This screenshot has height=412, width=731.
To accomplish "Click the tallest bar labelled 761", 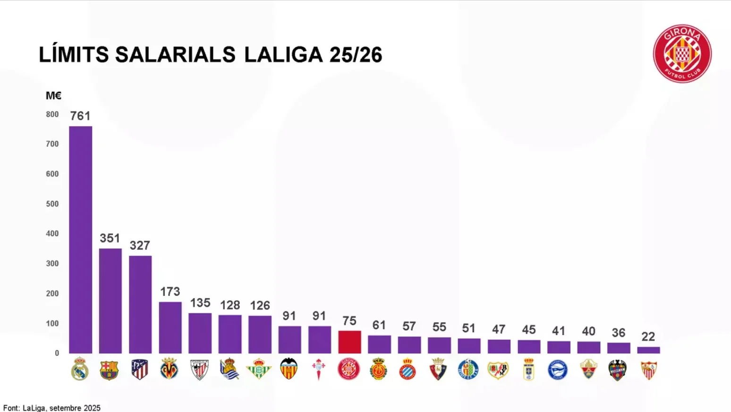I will (x=80, y=240).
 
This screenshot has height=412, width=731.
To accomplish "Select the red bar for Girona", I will (x=349, y=342).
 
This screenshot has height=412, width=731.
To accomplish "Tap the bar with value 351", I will (x=110, y=300).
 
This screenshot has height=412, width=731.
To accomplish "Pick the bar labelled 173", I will (x=170, y=327).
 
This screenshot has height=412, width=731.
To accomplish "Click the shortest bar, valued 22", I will (x=648, y=350).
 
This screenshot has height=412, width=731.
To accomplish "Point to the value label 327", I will (x=140, y=246).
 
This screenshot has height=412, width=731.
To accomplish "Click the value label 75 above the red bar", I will (x=349, y=321).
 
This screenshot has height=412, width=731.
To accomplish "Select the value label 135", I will (x=200, y=303).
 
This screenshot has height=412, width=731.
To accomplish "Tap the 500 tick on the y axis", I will (x=52, y=204).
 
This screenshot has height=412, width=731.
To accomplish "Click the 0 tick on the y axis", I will (x=57, y=353).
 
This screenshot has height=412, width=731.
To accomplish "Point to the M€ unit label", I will (x=53, y=96).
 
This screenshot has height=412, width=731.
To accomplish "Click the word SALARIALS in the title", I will (x=175, y=55).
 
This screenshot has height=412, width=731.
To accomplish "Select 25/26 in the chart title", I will (x=356, y=55).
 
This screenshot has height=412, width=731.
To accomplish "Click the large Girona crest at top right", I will (x=682, y=54).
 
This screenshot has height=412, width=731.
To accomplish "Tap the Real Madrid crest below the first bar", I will (x=80, y=369).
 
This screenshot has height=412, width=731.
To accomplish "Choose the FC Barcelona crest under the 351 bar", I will (x=109, y=370).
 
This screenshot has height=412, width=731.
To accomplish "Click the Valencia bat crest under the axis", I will (x=289, y=369).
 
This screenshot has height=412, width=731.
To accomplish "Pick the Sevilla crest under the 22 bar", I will (x=649, y=370).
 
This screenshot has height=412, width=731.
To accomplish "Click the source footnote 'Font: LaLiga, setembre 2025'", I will (x=52, y=408).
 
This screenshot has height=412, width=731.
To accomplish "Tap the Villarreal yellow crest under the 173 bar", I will (x=170, y=369).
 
